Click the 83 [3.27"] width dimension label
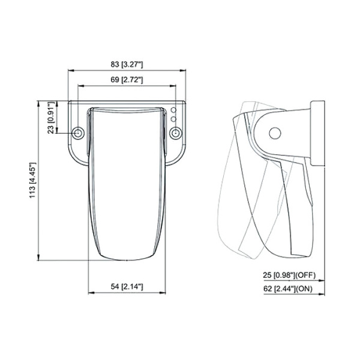coord(127,65)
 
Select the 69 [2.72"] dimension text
coord(127,80)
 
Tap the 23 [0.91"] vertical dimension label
coord(52,118)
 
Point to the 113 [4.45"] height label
coord(33,180)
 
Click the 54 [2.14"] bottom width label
coord(127,287)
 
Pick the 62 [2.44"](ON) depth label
coord(288,289)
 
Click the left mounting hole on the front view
coord(78,133)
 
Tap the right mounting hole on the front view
coord(176,133)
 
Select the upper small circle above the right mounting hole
coord(174,110)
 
